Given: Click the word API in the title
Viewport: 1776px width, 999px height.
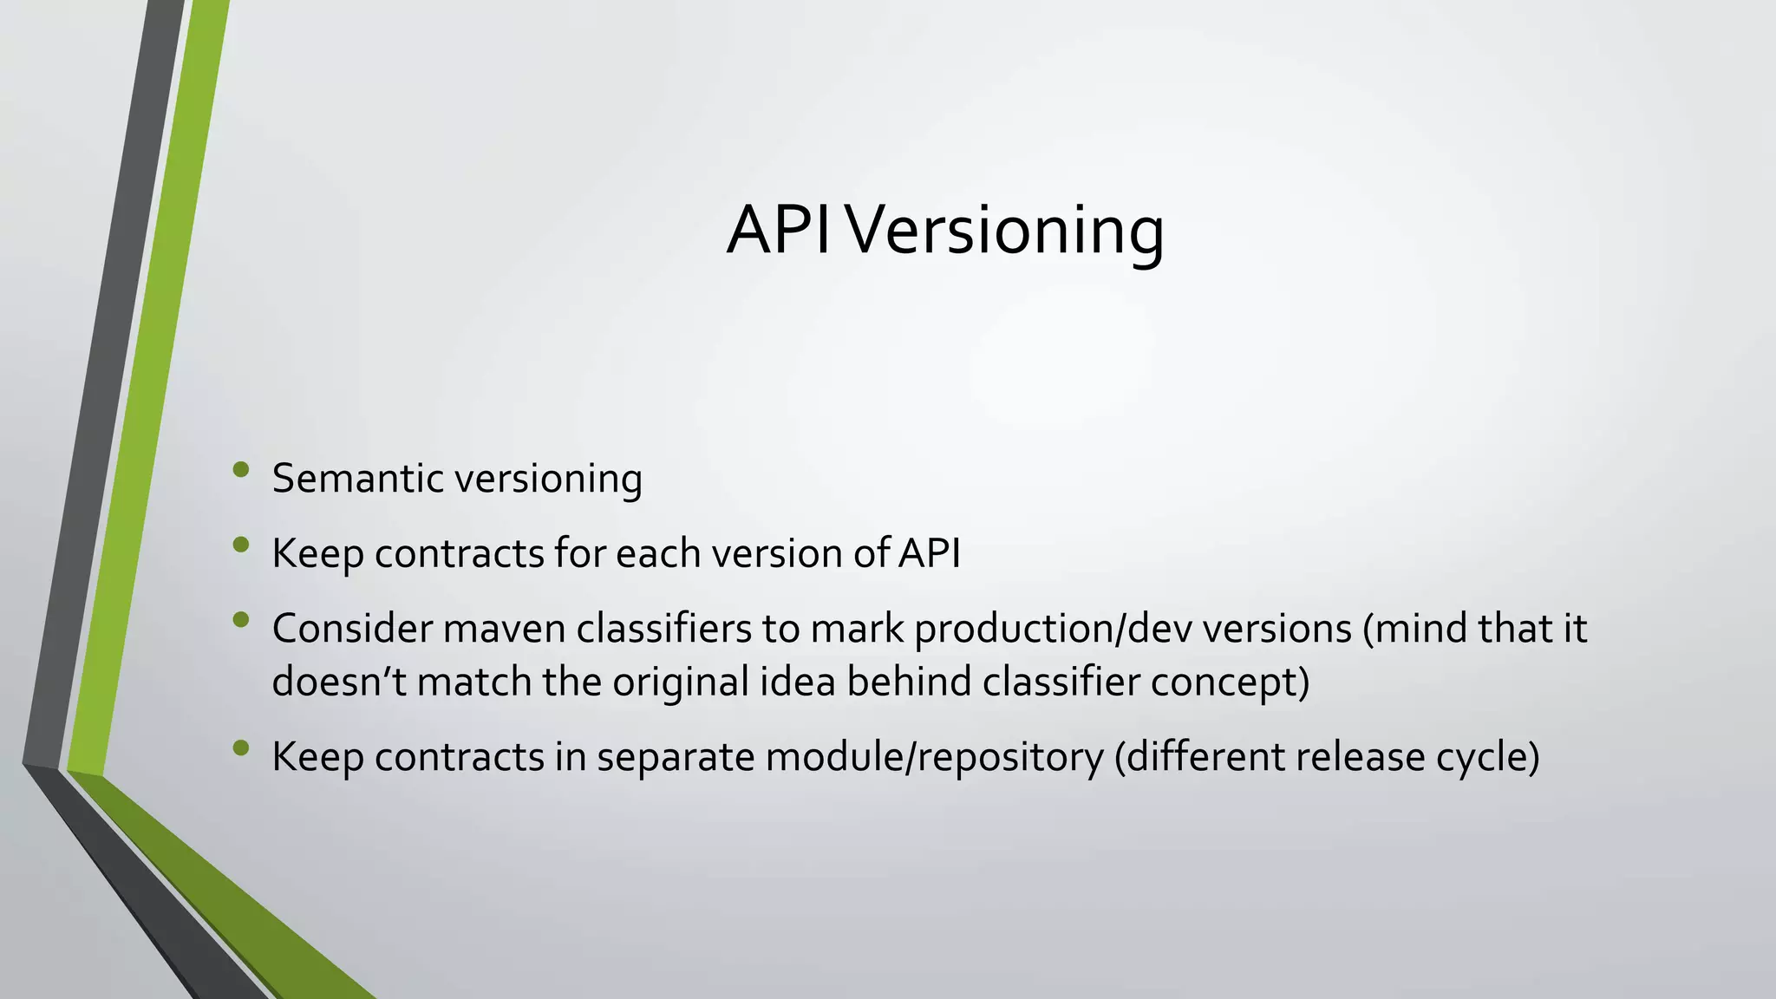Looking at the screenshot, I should click(779, 231).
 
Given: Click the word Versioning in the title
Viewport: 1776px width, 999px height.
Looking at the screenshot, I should click(1005, 231).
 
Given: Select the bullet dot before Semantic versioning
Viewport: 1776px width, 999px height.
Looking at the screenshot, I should click(241, 470).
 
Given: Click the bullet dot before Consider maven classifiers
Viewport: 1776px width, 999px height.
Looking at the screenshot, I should click(241, 620).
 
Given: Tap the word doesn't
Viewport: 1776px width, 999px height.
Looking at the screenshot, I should click(339, 682).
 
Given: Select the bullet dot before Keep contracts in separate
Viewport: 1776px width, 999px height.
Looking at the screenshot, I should click(241, 748).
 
